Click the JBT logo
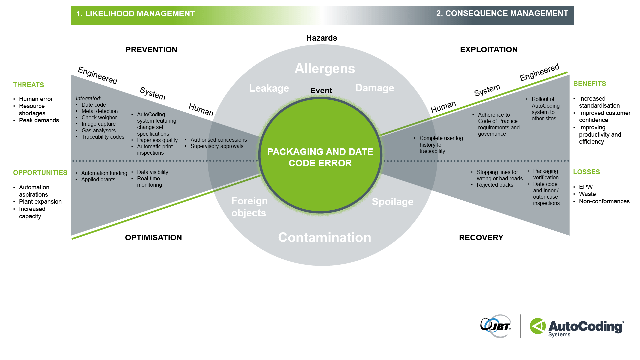496,326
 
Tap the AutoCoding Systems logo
577,327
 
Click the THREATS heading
28,85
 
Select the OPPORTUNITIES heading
40,173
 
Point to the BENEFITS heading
589,84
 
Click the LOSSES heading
586,172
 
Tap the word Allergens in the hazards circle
325,69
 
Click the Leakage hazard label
269,88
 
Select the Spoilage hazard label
392,202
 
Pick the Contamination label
324,237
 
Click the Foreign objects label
249,207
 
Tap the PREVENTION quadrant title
151,50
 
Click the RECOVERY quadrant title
481,238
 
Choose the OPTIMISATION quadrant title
153,238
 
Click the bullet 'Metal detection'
99,111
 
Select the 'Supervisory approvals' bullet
217,146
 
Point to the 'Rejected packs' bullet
495,185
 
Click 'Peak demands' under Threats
39,120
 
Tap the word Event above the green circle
321,91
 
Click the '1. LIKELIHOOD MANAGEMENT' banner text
135,14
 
